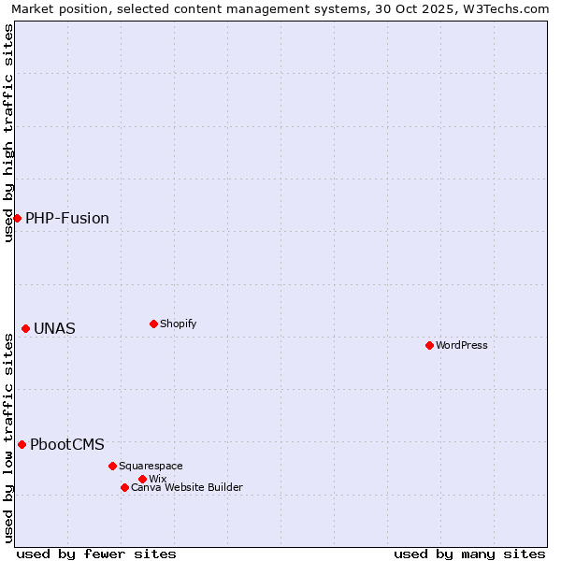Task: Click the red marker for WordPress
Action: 429,345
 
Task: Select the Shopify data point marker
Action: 153,324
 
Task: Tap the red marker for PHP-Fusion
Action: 17,218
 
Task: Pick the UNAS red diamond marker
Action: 25,328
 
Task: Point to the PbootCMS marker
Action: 22,444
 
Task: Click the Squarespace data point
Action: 112,466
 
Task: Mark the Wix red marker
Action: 142,479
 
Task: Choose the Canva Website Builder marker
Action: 124,487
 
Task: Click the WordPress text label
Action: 462,345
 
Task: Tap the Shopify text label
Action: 179,324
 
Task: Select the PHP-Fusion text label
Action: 67,219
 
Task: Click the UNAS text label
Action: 55,329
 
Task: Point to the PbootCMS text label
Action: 67,445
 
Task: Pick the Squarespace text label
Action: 151,466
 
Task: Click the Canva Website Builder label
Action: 187,487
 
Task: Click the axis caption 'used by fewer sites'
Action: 96,554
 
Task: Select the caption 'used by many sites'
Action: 469,554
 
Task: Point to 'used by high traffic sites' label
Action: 9,133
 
